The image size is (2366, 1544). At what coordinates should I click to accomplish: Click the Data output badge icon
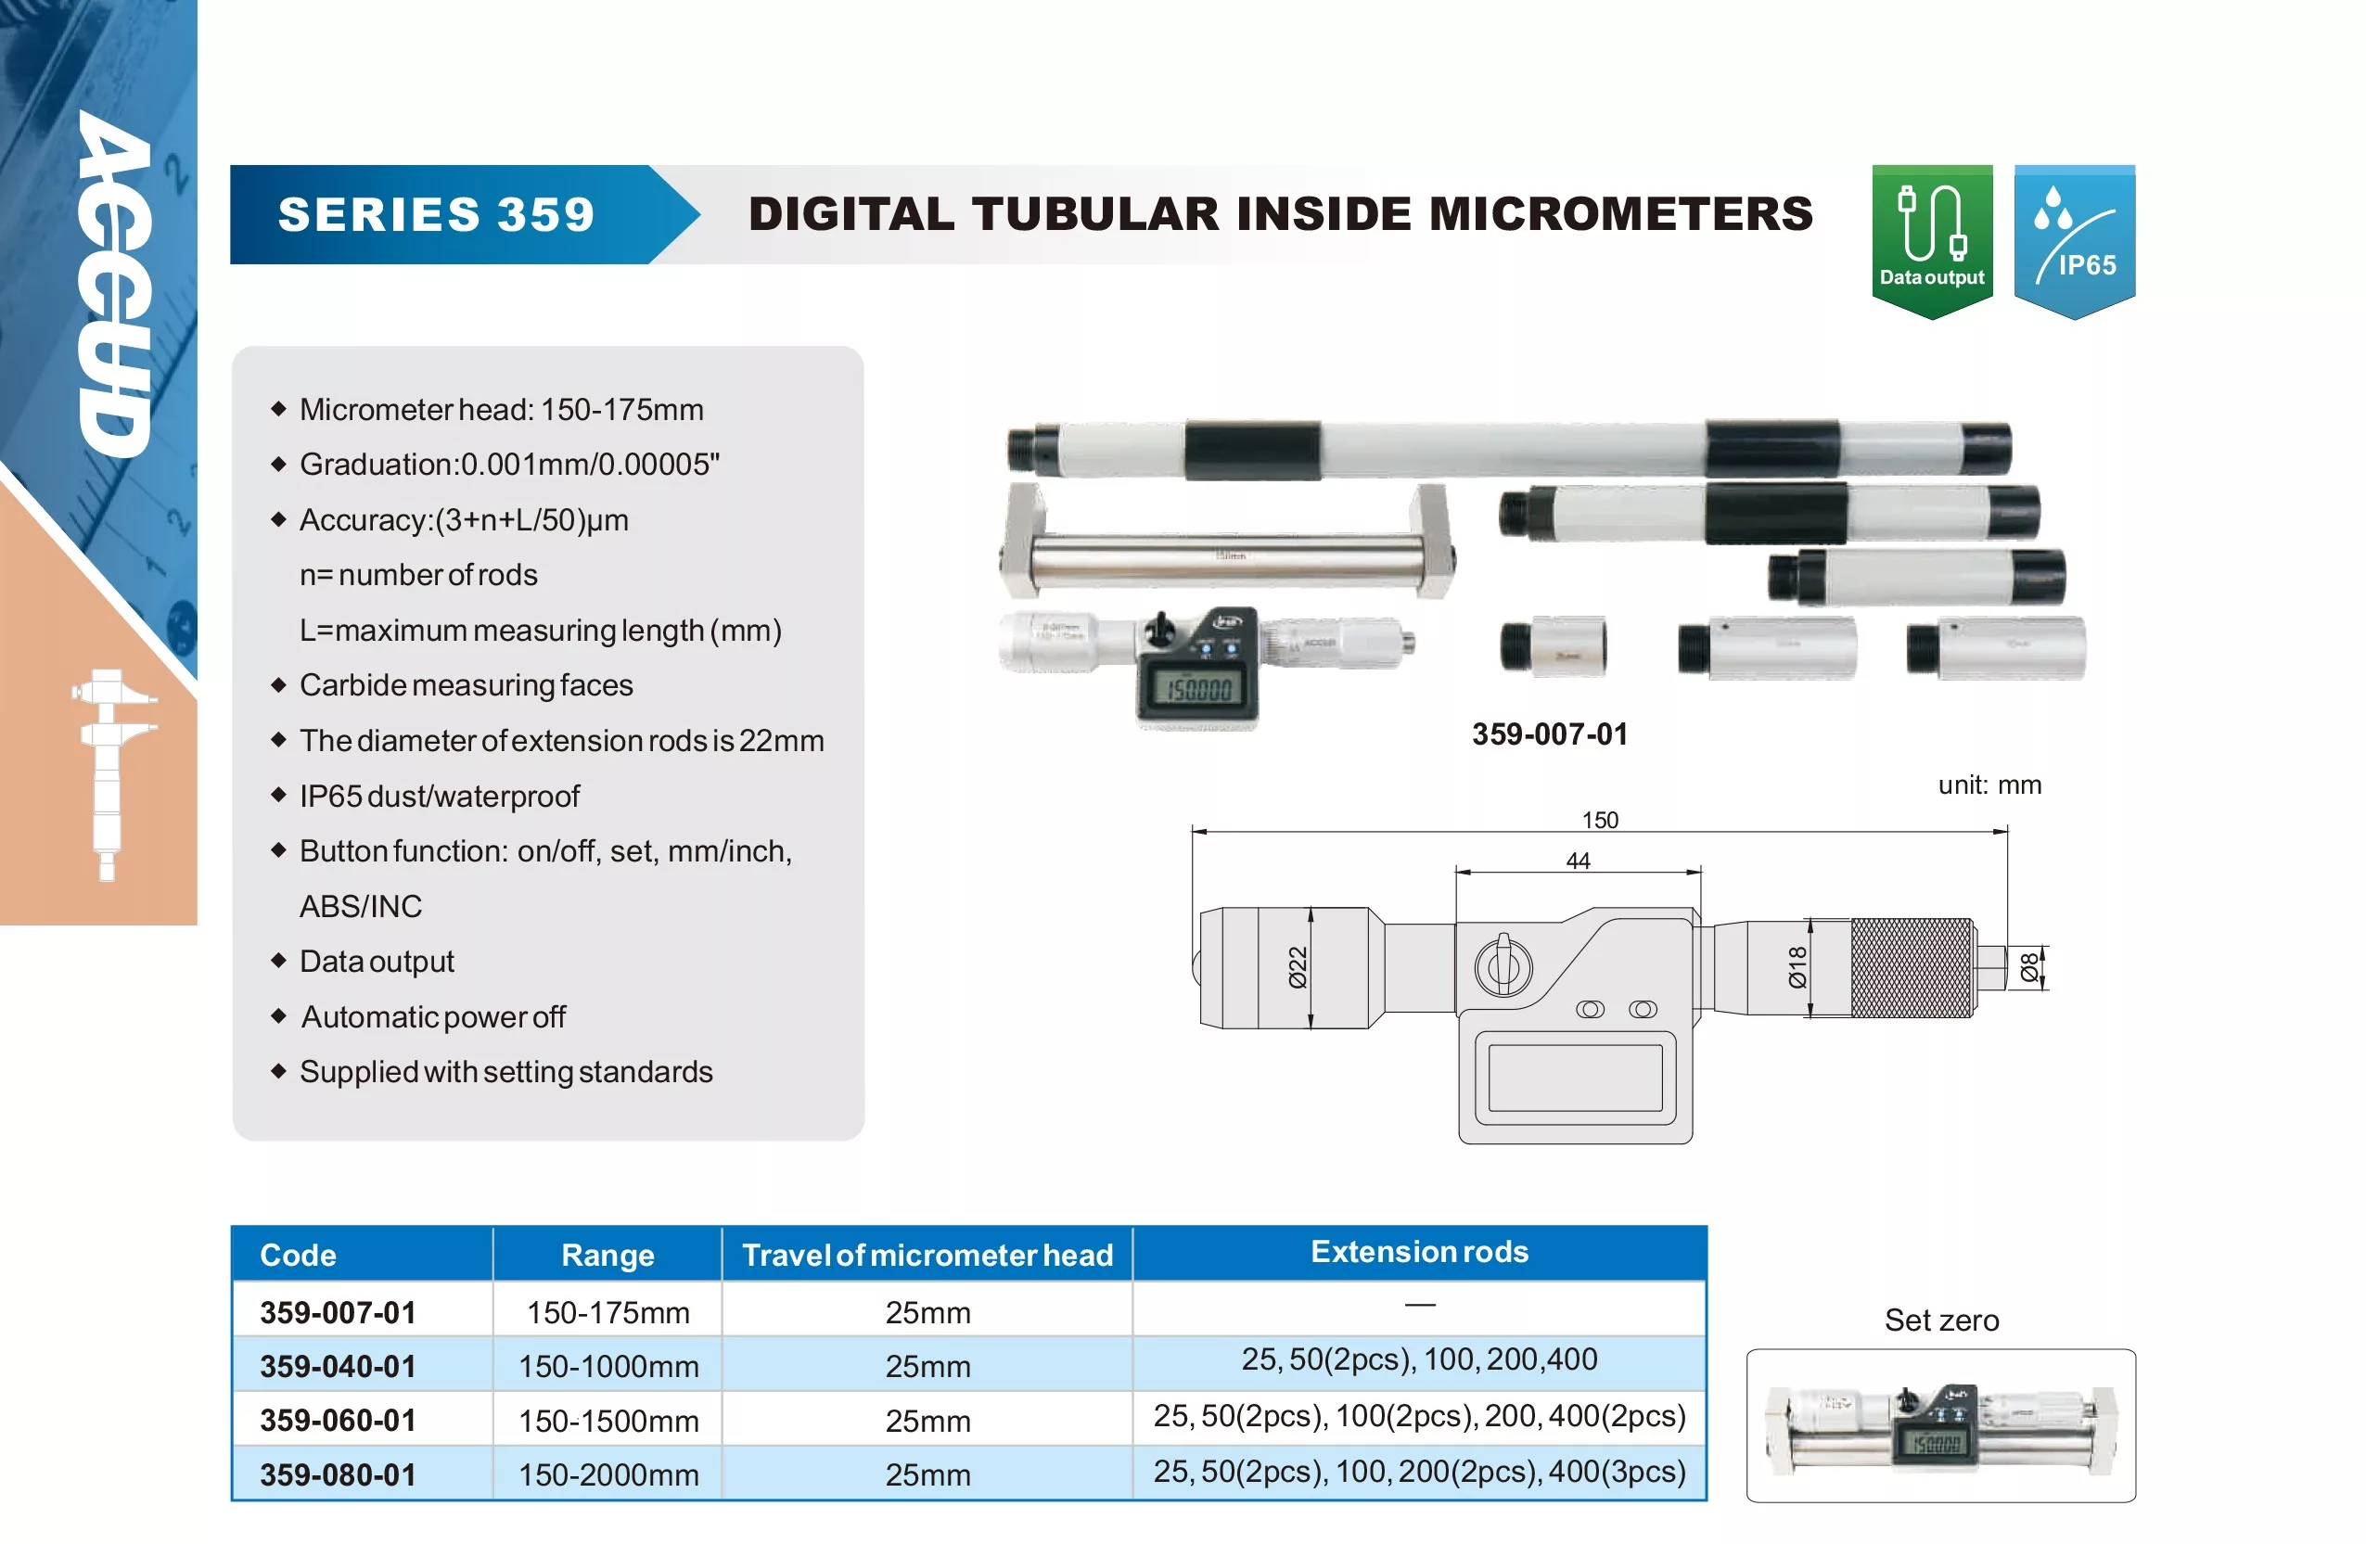point(1932,242)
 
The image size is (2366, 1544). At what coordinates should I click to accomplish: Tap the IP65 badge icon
point(2075,242)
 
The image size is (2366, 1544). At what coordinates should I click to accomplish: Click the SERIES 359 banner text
point(437,215)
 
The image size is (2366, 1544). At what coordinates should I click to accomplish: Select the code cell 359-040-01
point(338,1366)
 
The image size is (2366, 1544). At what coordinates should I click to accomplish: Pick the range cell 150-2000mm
point(608,1474)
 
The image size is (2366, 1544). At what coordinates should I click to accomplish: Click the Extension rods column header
point(1420,1252)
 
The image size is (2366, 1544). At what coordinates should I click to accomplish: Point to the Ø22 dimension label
point(1298,967)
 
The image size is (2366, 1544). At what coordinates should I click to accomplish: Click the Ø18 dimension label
point(1797,967)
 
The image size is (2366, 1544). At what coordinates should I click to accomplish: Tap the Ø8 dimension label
point(2029,966)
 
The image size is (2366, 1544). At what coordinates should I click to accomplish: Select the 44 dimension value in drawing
point(1578,861)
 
